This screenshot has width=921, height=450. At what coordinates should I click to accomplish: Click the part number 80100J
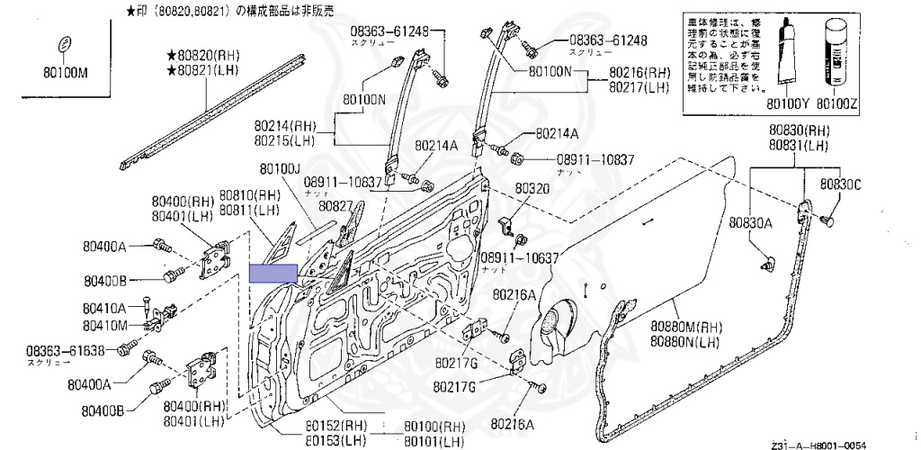pos(280,168)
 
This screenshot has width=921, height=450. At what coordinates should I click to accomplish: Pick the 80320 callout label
pos(532,189)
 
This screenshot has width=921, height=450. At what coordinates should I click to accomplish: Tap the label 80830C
pos(840,184)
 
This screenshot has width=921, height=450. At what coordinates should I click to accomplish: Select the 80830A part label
pos(751,221)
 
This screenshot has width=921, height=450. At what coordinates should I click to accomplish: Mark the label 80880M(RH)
pos(686,327)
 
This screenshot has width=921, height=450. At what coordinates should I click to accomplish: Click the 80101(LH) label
pos(434,440)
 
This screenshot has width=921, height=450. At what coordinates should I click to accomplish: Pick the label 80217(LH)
pos(639,87)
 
